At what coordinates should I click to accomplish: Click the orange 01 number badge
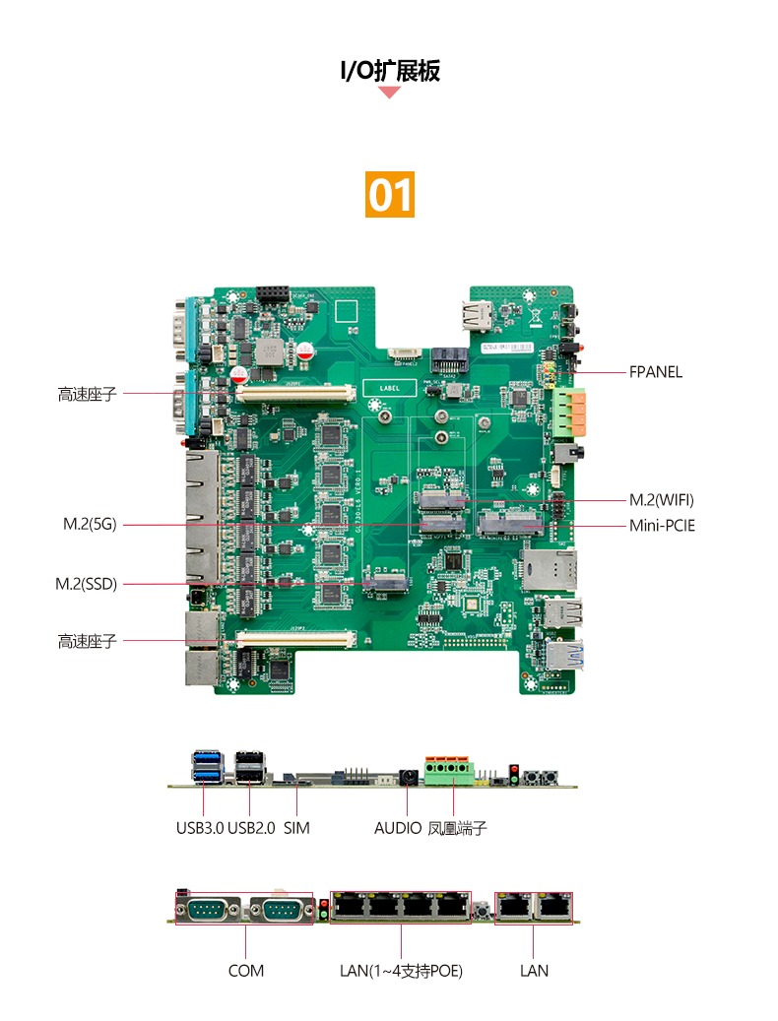(x=389, y=194)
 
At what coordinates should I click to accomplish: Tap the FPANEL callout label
(x=655, y=372)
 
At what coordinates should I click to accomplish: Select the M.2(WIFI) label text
(x=661, y=499)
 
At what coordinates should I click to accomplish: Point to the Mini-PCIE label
(x=662, y=526)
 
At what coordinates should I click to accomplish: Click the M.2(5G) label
(x=90, y=524)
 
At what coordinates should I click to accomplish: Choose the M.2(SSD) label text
(x=86, y=584)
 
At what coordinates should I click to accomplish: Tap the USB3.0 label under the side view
(x=200, y=828)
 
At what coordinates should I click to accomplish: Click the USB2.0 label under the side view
(x=251, y=828)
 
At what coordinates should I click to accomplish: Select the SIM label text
(x=296, y=828)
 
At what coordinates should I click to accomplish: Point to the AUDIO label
(x=398, y=828)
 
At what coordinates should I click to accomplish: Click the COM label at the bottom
(x=246, y=971)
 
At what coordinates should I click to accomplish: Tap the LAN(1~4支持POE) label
(x=401, y=971)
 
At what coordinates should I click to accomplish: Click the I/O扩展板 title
(x=390, y=70)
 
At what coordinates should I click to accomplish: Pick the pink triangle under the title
(x=389, y=92)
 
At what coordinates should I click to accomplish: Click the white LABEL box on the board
(x=389, y=388)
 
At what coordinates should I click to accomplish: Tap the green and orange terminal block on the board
(x=569, y=413)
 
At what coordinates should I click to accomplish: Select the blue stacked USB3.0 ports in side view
(x=208, y=766)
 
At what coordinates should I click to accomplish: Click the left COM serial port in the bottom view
(x=208, y=910)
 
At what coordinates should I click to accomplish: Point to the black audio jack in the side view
(x=409, y=777)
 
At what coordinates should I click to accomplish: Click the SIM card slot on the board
(x=549, y=569)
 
